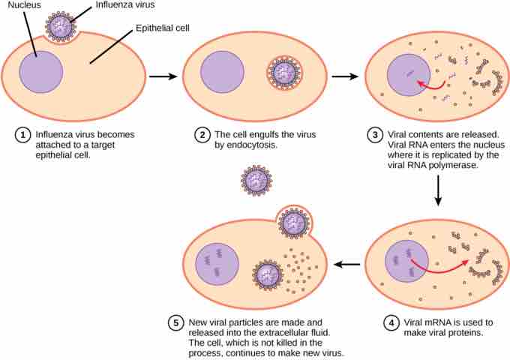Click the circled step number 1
click(x=23, y=135)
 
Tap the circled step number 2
click(x=202, y=135)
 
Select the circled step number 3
click(x=376, y=135)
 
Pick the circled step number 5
click(x=175, y=323)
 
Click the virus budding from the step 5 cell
click(x=292, y=221)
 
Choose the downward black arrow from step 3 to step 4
click(x=438, y=196)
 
